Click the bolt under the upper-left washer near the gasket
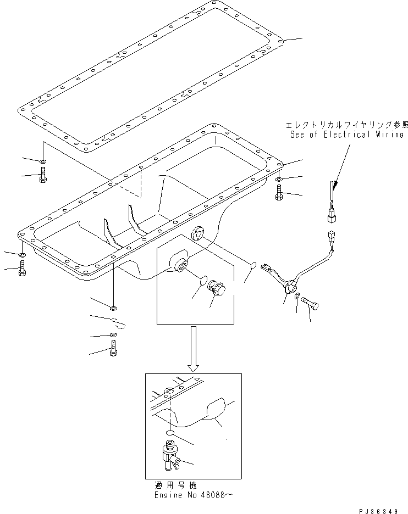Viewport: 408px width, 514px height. pos(43,176)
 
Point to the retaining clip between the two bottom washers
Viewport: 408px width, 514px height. pos(117,322)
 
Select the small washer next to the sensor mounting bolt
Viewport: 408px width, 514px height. pos(297,297)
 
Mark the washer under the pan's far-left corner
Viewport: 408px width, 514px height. pos(21,256)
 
